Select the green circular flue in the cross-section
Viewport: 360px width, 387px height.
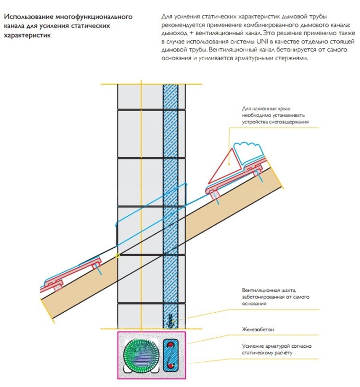pyautogui.click(x=140, y=353)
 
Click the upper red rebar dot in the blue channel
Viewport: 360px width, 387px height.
pyautogui.click(x=170, y=344)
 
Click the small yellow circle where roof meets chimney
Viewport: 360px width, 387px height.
pyautogui.click(x=117, y=255)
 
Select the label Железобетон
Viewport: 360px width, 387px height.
pyautogui.click(x=258, y=329)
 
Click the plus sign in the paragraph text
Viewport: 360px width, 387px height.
pyautogui.click(x=191, y=33)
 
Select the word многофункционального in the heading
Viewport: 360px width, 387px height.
pyautogui.click(x=94, y=17)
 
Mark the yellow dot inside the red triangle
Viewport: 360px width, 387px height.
pyautogui.click(x=229, y=164)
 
